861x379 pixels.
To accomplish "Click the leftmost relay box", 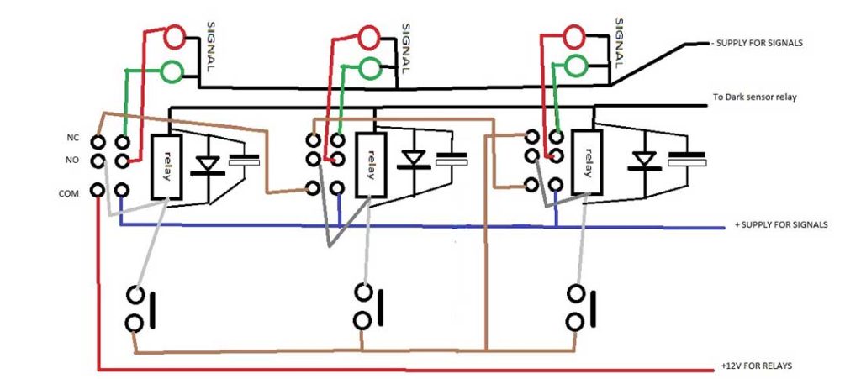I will click(168, 166).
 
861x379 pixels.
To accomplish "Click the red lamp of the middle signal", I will click(370, 37).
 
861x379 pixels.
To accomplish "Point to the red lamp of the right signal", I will click(574, 36).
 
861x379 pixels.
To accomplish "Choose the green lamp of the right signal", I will click(576, 64).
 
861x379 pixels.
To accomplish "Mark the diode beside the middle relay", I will click(413, 160).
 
